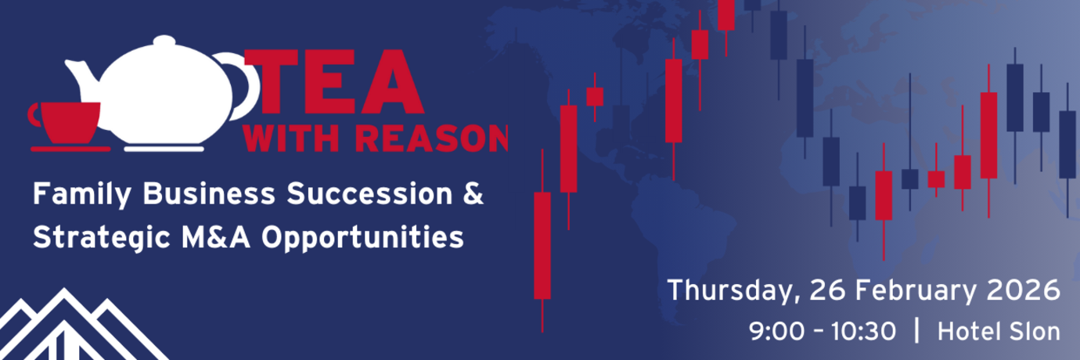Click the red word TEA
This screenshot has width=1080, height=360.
(x=334, y=81)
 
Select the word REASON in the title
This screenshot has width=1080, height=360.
(x=431, y=139)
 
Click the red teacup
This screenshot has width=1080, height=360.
(x=65, y=122)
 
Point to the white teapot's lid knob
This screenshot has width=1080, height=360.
(x=164, y=41)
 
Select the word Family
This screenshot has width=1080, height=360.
(x=82, y=195)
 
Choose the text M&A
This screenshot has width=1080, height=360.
(x=217, y=237)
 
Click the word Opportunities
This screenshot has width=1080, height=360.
(x=362, y=238)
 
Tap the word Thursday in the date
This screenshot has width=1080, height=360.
(x=732, y=290)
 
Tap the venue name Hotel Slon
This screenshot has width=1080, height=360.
(x=999, y=331)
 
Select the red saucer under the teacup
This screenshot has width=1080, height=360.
(x=71, y=149)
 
